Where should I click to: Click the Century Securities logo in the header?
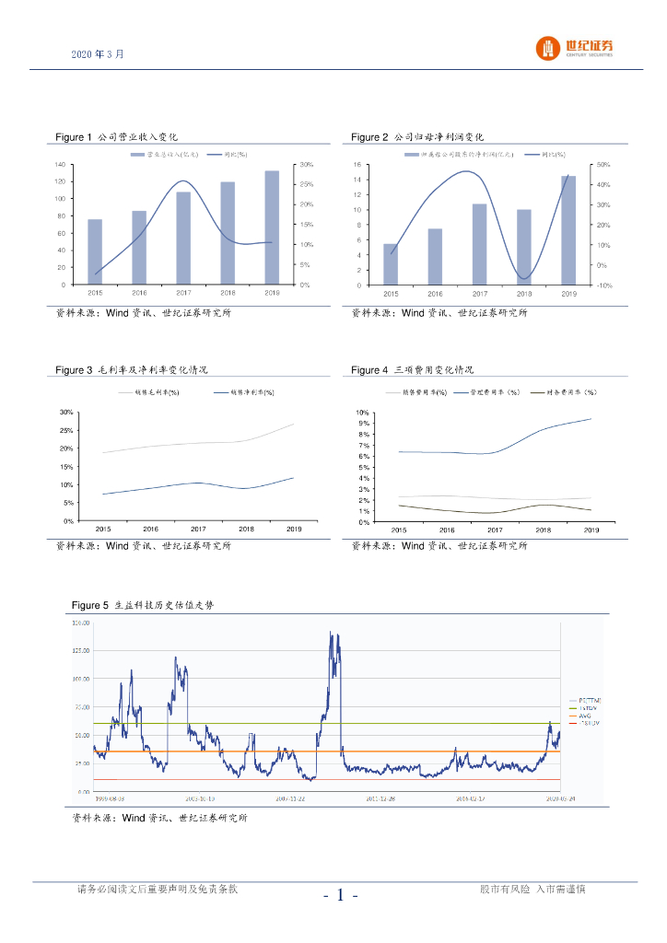coord(575,48)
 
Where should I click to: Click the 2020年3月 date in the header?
coord(97,54)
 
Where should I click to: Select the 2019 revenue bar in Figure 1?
coord(272,227)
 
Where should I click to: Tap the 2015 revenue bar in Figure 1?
coord(95,251)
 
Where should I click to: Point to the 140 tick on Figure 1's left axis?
coord(59,165)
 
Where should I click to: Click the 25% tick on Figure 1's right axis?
coord(303,185)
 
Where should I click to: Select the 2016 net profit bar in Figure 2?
coord(435,256)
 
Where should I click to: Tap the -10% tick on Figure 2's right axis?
coord(603,285)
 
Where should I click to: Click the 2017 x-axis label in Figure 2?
coord(479,294)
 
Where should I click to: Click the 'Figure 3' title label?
coord(74,370)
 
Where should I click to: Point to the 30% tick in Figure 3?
coord(65,413)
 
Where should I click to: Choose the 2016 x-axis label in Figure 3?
coord(150,530)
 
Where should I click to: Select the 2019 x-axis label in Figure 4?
coord(591,530)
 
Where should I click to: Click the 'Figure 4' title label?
coord(369,370)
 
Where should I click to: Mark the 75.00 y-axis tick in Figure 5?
coord(82,707)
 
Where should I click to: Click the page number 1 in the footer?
coord(340,895)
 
